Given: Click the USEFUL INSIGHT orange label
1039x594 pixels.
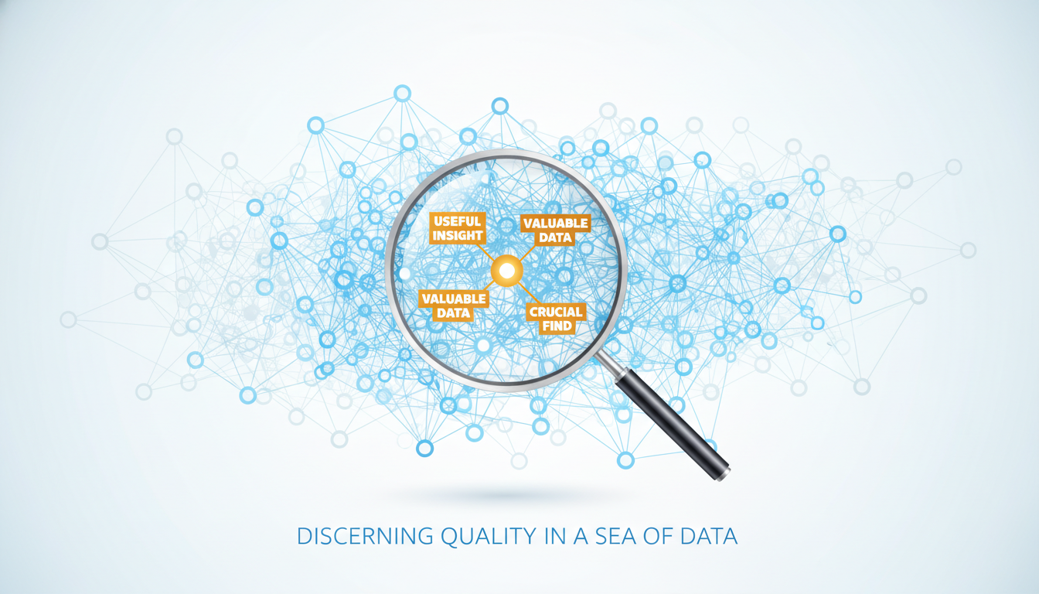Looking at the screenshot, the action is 458,228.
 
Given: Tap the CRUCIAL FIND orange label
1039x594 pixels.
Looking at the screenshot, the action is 556,319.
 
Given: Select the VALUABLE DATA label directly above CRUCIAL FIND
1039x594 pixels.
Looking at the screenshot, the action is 556,230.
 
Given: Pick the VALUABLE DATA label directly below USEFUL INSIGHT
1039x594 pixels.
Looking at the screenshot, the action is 454,306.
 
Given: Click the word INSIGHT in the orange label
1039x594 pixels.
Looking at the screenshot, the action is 458,236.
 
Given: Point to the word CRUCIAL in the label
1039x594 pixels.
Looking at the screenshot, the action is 556,312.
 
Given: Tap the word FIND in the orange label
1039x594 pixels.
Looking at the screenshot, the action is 557,326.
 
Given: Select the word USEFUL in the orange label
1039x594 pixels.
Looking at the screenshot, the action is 458,221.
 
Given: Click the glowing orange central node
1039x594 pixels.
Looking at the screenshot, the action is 506,271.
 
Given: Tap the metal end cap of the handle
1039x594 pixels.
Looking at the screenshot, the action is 722,474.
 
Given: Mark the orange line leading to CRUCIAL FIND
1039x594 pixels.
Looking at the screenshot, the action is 530,293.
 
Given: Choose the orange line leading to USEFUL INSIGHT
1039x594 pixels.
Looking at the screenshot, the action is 485,252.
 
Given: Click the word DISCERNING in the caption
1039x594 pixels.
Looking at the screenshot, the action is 365,537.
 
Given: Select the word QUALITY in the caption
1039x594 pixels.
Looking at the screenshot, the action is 489,537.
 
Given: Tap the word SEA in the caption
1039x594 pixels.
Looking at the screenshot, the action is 615,537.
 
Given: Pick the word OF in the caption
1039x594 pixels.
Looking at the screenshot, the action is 659,537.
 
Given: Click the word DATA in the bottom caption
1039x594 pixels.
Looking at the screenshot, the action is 709,537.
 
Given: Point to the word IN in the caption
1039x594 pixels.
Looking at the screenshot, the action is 555,537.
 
